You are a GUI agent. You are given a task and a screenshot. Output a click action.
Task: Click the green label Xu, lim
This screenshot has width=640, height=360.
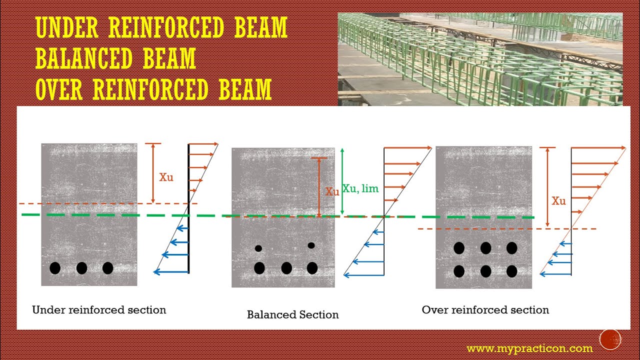coord(360,189)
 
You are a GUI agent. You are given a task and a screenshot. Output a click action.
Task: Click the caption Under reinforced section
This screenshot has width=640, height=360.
coord(99,310)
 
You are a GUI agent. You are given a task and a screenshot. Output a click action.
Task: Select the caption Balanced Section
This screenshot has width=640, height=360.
coord(292,315)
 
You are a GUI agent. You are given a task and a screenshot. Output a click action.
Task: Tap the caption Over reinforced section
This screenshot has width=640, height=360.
coord(485,310)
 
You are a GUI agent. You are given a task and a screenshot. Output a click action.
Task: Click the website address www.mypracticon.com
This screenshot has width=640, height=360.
coord(529,348)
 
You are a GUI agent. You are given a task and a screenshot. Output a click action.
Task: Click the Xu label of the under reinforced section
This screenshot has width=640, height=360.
coord(166,177)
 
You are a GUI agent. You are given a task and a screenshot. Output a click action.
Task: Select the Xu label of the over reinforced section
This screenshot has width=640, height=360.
coord(558,201)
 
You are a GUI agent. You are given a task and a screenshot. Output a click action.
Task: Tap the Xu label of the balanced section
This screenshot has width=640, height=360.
coord(332,191)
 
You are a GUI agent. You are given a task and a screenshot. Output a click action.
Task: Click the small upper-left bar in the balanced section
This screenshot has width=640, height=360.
coord(258,248)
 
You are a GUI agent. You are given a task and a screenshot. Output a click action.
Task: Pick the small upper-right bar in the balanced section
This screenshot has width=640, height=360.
coord(311,245)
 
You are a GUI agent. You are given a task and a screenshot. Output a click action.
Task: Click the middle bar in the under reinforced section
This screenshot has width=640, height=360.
coord(81,268)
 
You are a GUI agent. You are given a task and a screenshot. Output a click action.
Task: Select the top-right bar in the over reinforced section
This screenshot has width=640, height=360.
coord(511,248)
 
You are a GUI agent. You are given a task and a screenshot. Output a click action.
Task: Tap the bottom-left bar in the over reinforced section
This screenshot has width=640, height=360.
coord(458,271)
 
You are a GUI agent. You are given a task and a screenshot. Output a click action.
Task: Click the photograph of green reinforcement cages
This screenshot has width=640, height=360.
coord(480,59)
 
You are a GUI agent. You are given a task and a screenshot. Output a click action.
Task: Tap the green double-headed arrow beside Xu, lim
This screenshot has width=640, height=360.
coord(342,182)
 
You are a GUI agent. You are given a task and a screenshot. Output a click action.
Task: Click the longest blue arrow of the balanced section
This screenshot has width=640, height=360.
coord(363,274)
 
